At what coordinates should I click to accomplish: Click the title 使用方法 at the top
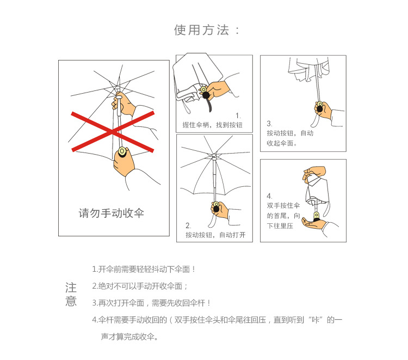tap(202, 30)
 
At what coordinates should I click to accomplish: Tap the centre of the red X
tap(113, 132)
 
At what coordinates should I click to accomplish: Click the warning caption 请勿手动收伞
tap(112, 213)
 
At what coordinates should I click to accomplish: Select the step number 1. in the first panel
tap(238, 115)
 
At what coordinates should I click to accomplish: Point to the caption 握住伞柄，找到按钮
tap(212, 125)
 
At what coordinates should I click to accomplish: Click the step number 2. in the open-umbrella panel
tap(188, 225)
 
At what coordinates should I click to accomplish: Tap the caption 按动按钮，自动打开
tap(215, 235)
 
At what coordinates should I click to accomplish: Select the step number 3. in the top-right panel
tap(269, 124)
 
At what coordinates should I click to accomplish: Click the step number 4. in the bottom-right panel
tap(270, 196)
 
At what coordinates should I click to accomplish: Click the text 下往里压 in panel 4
tap(280, 225)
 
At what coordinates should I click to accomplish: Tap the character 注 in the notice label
tap(71, 288)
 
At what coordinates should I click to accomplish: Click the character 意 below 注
tap(71, 301)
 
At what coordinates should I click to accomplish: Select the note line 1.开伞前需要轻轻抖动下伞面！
tap(144, 270)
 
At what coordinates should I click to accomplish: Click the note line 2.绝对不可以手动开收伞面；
tap(140, 286)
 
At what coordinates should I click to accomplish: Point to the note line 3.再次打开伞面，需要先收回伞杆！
tap(151, 303)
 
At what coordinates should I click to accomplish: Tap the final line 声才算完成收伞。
tap(129, 337)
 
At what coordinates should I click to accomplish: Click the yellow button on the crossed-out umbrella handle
tap(122, 151)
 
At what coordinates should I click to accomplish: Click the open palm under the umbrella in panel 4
tap(314, 224)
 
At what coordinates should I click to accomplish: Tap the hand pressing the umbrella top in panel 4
tap(314, 173)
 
